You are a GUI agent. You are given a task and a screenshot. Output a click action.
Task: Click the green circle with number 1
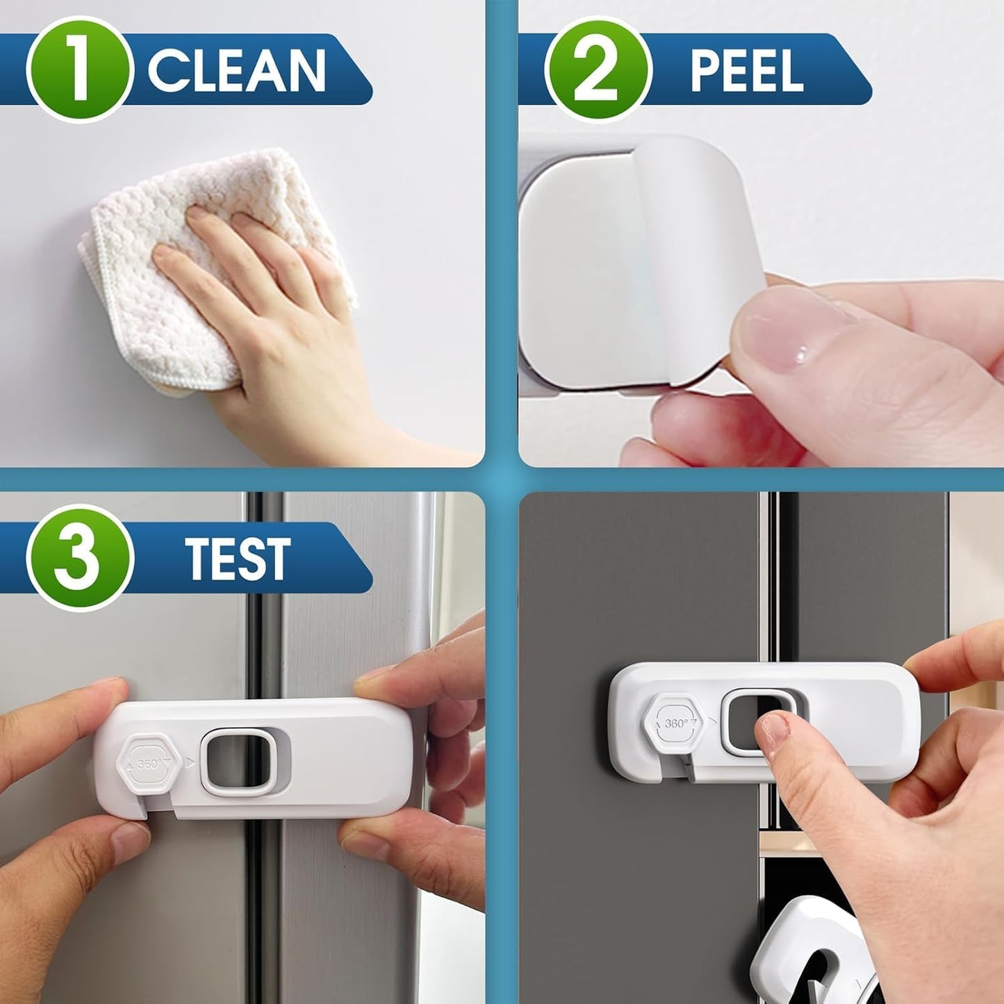[79, 69]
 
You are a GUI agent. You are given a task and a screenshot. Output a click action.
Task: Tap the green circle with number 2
[597, 69]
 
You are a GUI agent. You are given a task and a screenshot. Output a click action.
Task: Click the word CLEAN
[236, 70]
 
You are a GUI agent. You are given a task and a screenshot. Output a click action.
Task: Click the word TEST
[237, 559]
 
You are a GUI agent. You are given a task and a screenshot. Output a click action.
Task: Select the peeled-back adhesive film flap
[695, 257]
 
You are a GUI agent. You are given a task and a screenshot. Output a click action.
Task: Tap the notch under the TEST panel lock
[160, 808]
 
